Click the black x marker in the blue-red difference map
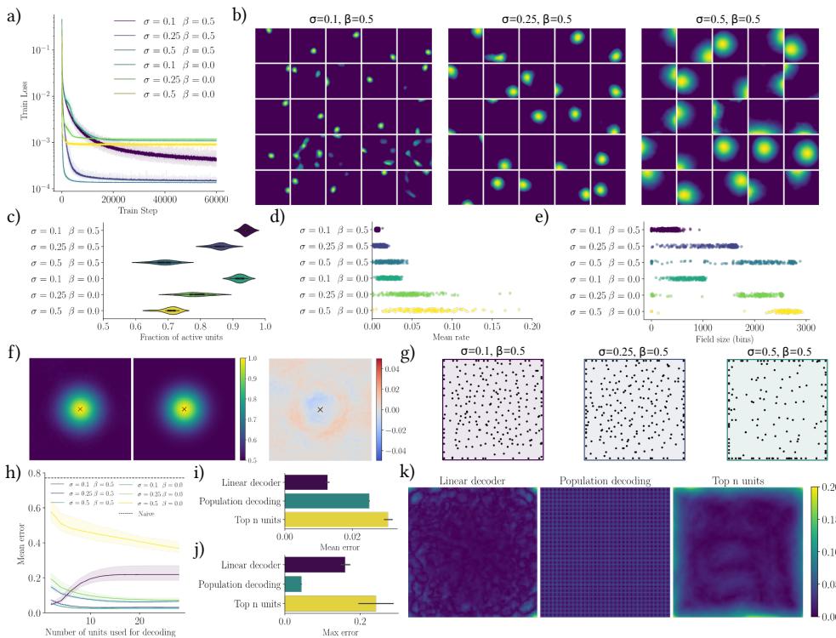tap(320, 409)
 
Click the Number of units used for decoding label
tap(109, 631)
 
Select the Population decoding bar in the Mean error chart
tap(327, 500)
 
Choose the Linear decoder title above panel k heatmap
tap(473, 481)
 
